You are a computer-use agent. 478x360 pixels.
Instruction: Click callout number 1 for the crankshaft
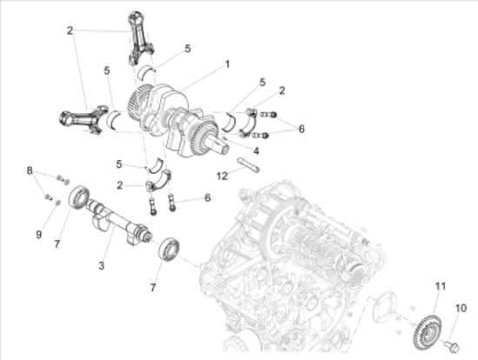pyautogui.click(x=227, y=64)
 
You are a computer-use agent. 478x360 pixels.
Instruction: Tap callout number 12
pyautogui.click(x=222, y=176)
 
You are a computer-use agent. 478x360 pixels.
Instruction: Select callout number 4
pyautogui.click(x=256, y=150)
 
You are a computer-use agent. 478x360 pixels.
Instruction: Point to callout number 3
pyautogui.click(x=102, y=266)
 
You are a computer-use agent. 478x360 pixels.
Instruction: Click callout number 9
pyautogui.click(x=39, y=235)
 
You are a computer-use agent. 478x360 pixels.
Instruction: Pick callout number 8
pyautogui.click(x=30, y=170)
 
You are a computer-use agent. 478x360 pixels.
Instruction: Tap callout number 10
pyautogui.click(x=461, y=308)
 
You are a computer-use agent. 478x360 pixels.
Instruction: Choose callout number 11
pyautogui.click(x=441, y=286)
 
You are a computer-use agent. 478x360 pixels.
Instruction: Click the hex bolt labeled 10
pyautogui.click(x=452, y=347)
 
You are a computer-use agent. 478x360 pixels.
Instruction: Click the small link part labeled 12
pyautogui.click(x=249, y=164)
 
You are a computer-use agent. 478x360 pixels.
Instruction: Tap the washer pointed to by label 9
pyautogui.click(x=58, y=203)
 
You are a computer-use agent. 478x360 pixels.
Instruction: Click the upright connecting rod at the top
pyautogui.click(x=139, y=38)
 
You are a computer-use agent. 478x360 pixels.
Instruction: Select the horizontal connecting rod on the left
pyautogui.click(x=83, y=118)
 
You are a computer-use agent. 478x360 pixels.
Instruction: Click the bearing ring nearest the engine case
pyautogui.click(x=169, y=250)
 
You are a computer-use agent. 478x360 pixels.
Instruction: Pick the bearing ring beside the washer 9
pyautogui.click(x=80, y=197)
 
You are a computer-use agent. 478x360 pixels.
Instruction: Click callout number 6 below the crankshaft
pyautogui.click(x=208, y=198)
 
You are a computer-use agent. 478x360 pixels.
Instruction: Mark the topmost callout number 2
pyautogui.click(x=70, y=30)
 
